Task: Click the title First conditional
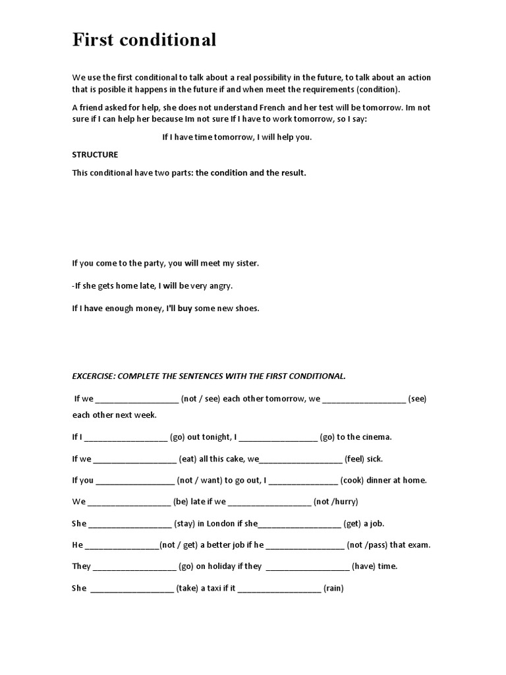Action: pyautogui.click(x=144, y=41)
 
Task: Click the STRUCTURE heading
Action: pyautogui.click(x=95, y=155)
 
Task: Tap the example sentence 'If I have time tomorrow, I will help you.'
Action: pyautogui.click(x=237, y=137)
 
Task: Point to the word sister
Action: pyautogui.click(x=245, y=263)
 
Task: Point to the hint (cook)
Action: pyautogui.click(x=356, y=481)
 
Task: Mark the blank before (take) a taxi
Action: pyautogui.click(x=131, y=589)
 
